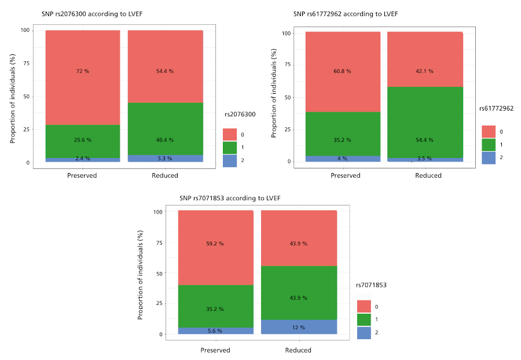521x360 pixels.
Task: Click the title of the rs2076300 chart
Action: [x=92, y=14]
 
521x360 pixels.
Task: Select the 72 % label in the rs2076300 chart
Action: [x=83, y=71]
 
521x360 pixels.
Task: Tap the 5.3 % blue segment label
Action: [x=165, y=159]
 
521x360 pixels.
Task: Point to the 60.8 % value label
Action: [x=342, y=71]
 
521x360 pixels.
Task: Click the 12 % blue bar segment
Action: [x=299, y=327]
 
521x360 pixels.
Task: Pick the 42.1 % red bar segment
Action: [x=425, y=60]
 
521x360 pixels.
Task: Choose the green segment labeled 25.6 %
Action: [x=83, y=141]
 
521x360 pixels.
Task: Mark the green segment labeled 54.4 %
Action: [x=425, y=122]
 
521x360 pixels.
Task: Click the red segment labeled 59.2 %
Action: [x=216, y=248]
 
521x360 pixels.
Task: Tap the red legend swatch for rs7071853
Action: [x=364, y=307]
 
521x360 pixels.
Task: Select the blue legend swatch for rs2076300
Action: [x=230, y=161]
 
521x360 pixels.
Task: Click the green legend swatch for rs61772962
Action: [x=489, y=145]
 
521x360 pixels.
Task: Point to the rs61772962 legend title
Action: [x=496, y=109]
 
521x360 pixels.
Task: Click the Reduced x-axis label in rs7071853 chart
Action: [x=298, y=350]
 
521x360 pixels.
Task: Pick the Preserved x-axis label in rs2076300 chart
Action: [x=82, y=175]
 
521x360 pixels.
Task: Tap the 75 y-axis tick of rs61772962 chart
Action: [x=287, y=64]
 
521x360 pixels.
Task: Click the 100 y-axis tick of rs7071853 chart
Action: [x=158, y=212]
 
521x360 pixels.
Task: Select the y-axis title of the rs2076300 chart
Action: [x=12, y=98]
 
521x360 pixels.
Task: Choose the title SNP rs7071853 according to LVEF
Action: [x=230, y=199]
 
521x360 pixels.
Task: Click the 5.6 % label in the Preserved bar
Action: [x=215, y=331]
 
